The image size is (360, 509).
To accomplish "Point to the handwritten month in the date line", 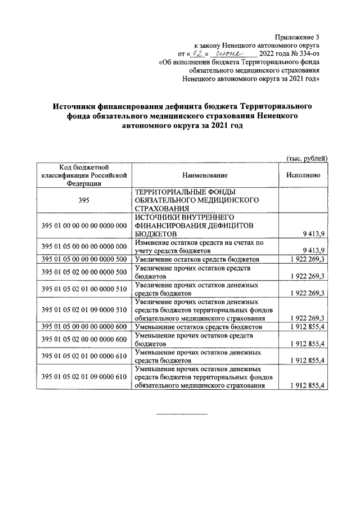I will (x=231, y=53).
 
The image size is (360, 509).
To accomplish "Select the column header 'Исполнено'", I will (x=303, y=175).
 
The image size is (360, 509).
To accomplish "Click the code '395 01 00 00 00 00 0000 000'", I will (x=82, y=226).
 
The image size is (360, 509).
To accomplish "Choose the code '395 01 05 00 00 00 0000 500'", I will (x=82, y=259).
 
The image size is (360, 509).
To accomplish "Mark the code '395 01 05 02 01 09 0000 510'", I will (x=82, y=309).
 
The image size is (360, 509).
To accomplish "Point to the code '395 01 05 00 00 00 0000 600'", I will (x=82, y=327).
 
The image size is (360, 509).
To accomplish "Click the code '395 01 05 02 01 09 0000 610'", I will (x=82, y=377).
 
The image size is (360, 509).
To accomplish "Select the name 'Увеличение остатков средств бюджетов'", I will (x=197, y=259).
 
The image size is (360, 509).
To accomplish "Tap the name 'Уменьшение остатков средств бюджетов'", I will (x=198, y=327).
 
